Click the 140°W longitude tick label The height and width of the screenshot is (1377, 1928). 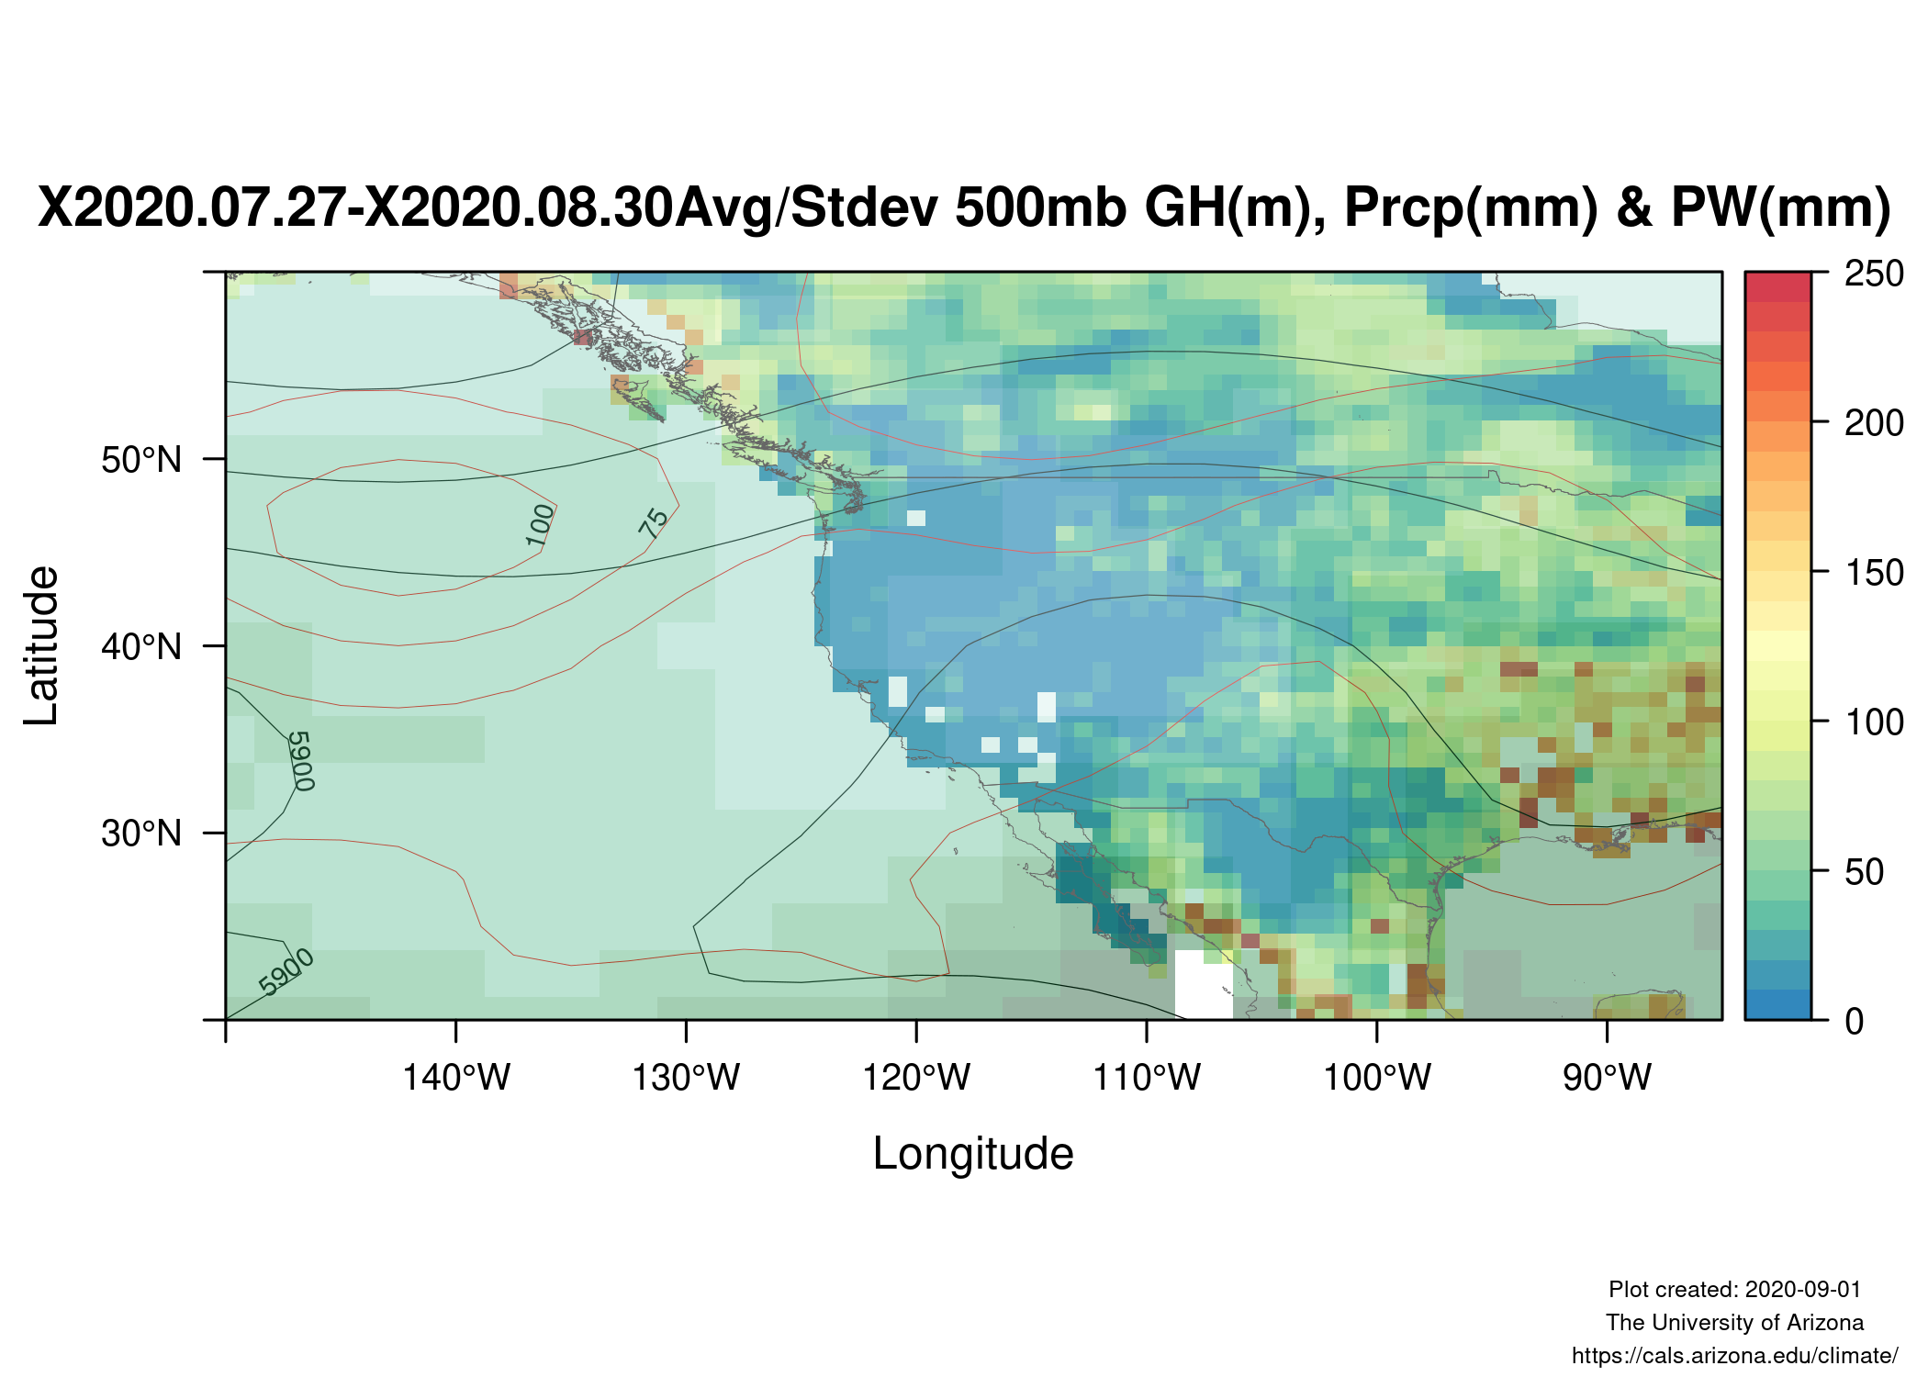coord(456,1077)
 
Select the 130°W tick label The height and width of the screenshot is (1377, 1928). coord(686,1077)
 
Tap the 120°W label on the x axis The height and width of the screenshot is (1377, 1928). coord(916,1077)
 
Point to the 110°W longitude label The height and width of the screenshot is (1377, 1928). coord(1147,1077)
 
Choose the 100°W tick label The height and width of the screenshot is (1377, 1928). coord(1377,1077)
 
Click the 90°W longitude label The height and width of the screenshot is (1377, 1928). coord(1608,1077)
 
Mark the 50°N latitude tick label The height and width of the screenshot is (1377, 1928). coord(141,459)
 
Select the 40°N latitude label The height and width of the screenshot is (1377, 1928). coord(141,646)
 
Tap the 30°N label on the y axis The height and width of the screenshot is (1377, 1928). coord(141,833)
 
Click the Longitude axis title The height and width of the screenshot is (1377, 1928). coord(973,1153)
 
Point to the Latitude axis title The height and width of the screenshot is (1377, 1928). coord(41,645)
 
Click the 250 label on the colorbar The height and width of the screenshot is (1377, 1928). coord(1874,274)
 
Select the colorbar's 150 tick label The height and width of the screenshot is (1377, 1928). coord(1874,573)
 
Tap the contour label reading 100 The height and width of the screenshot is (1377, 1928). coord(541,524)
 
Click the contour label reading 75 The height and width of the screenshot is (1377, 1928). coord(654,523)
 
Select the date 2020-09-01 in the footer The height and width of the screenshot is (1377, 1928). coord(1803,1289)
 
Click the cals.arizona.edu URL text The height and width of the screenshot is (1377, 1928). coord(1734,1356)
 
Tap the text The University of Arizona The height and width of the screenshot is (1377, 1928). coord(1734,1322)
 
